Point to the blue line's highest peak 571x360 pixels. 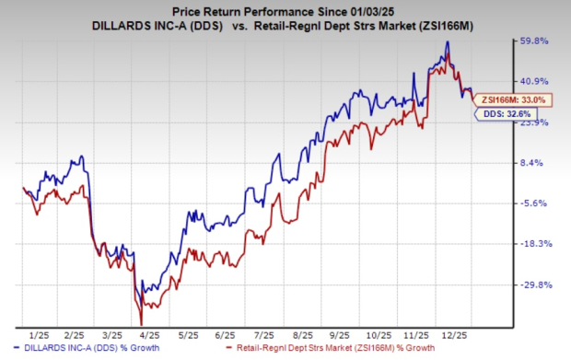447,42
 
